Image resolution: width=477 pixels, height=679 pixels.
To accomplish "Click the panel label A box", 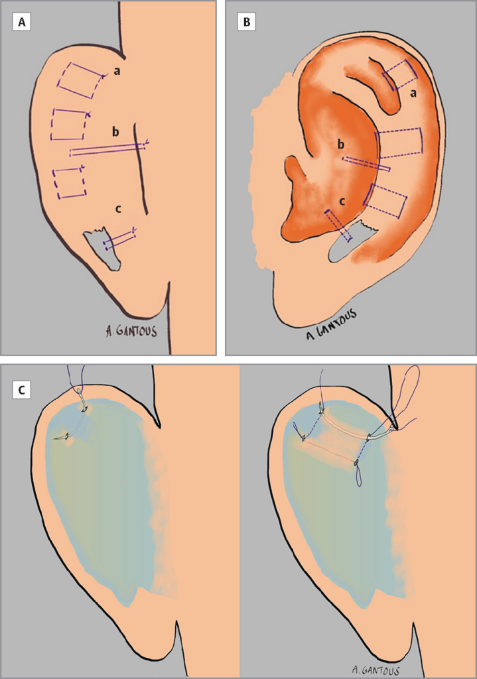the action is (22, 22).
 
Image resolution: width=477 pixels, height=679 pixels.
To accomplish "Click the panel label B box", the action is (247, 22).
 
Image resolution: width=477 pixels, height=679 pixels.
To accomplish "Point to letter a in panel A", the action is (117, 72).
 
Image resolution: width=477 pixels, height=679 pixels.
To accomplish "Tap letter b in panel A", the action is (115, 132).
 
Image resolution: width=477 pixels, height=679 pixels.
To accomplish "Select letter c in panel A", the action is (118, 210).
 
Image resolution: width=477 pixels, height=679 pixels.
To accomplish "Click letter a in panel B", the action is (413, 93).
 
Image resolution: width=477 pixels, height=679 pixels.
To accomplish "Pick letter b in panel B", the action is (342, 145).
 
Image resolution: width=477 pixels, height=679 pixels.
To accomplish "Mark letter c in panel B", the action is (342, 202).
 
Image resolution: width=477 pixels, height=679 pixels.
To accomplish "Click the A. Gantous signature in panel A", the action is (131, 332).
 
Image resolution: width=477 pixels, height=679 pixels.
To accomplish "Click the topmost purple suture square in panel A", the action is (80, 80).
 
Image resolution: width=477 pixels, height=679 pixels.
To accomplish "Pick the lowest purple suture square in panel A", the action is (69, 182).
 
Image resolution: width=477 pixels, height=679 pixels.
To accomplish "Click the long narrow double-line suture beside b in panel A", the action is (109, 149).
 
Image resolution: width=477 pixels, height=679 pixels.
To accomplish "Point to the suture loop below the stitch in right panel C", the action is (359, 473).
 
